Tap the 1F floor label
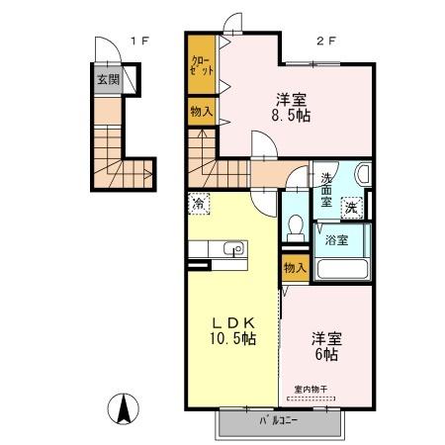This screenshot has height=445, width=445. pos(140,43)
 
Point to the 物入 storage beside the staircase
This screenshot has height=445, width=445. pos(201,112)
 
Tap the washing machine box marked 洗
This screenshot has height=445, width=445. pos(351,208)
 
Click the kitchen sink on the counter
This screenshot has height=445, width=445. pos(233,249)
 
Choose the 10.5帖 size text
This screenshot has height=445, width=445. pos(230,339)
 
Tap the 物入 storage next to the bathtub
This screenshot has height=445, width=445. pos(294,268)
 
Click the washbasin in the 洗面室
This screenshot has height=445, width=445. pos(360,176)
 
